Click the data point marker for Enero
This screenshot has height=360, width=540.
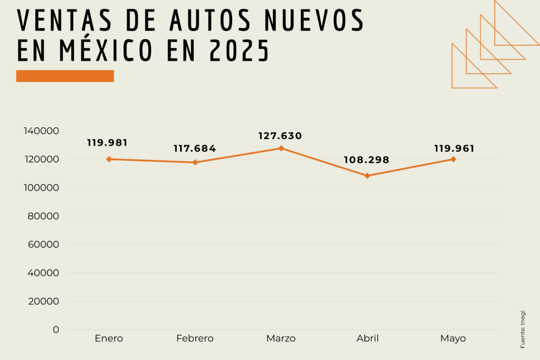tap(109, 159)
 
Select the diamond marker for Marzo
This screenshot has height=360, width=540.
tap(281, 148)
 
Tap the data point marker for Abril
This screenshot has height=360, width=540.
tap(368, 176)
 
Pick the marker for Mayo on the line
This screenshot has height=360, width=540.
tap(454, 159)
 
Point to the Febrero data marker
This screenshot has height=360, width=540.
tap(195, 162)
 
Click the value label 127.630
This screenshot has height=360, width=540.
tap(280, 136)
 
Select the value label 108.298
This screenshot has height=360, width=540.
tap(367, 160)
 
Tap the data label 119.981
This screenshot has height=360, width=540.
tap(108, 143)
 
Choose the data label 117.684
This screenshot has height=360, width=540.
tap(195, 149)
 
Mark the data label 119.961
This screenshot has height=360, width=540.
tap(454, 149)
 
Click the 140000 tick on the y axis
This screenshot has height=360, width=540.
tap(41, 131)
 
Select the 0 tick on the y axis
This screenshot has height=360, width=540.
tap(56, 330)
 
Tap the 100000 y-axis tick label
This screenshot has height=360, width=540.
tap(41, 188)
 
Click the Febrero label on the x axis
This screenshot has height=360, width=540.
tap(195, 338)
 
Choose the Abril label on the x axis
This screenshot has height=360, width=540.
tap(368, 338)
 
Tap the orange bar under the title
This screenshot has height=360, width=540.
tap(65, 76)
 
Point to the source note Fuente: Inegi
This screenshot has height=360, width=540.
tap(523, 329)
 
